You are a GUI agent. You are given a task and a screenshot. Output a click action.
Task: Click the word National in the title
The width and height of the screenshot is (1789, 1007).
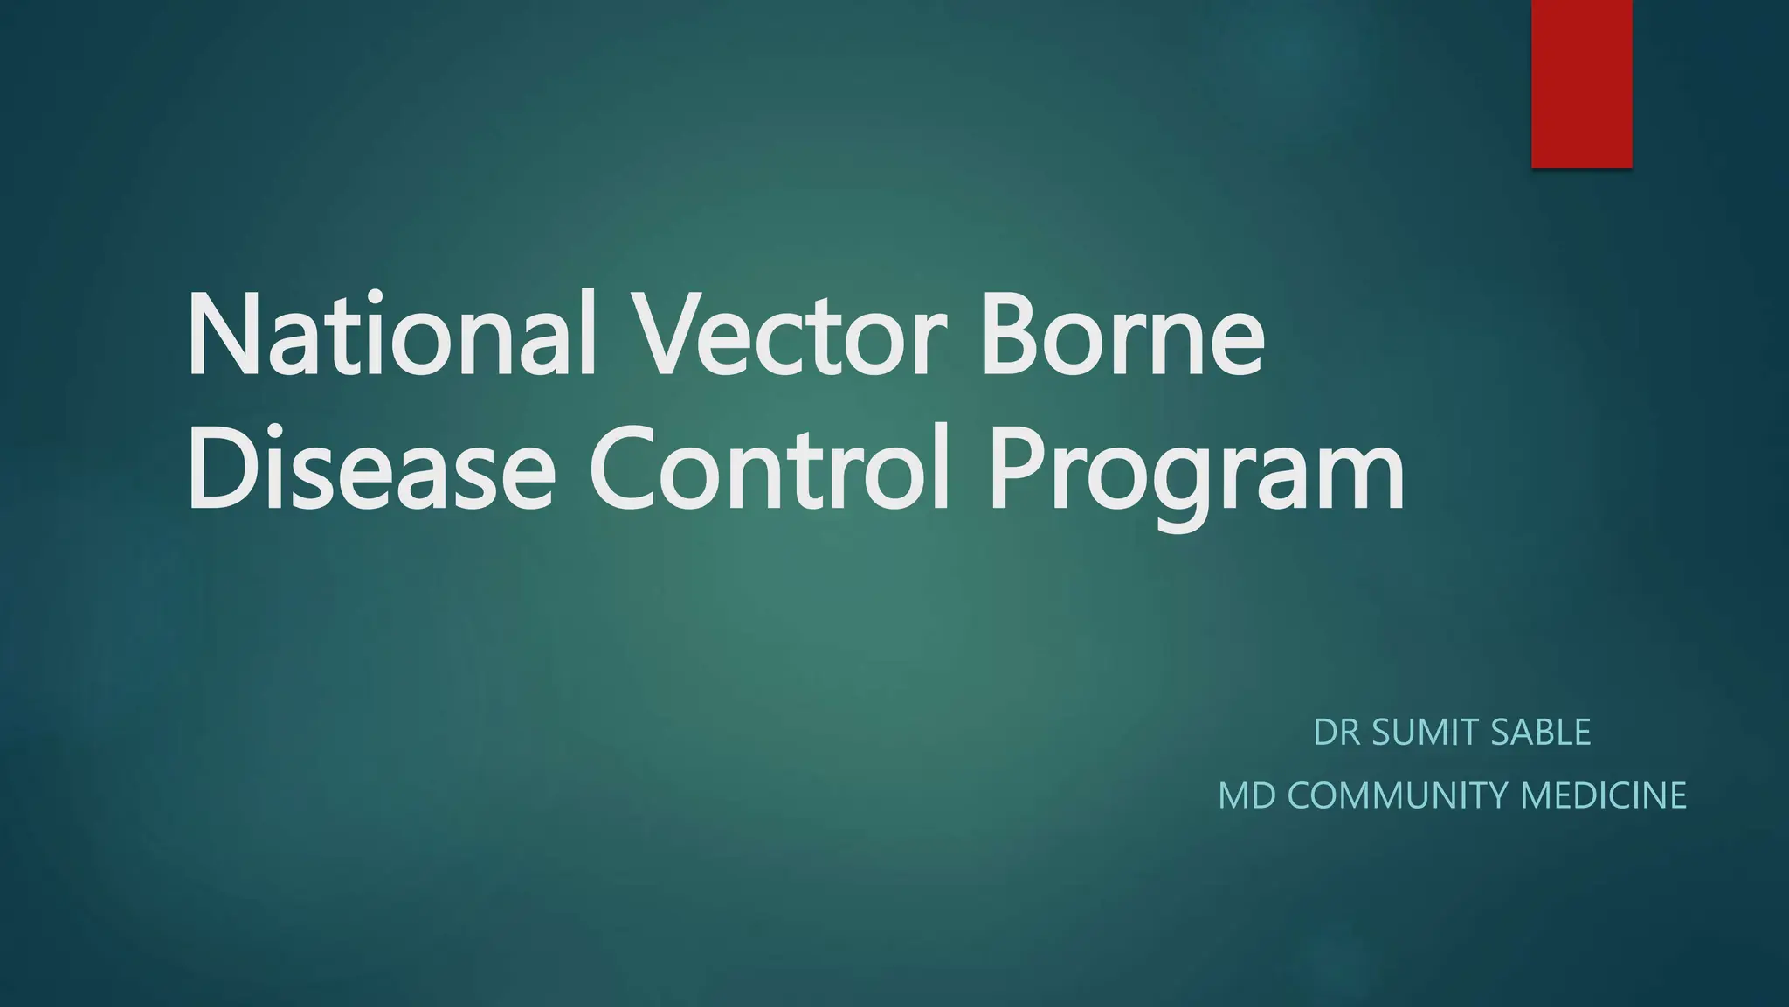tap(390, 337)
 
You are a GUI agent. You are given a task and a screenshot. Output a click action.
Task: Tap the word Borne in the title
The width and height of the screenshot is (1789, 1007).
tap(1123, 337)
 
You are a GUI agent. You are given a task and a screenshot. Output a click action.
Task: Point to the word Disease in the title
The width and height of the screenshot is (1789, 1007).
tap(370, 469)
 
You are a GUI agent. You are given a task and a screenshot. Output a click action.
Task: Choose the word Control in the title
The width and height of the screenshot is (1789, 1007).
tap(770, 469)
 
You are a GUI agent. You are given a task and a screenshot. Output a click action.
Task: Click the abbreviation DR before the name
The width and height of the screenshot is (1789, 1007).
tap(1337, 733)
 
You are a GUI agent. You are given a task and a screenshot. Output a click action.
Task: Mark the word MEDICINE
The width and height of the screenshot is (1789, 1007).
tap(1604, 795)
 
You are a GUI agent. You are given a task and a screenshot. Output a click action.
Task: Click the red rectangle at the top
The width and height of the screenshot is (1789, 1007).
tap(1581, 83)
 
